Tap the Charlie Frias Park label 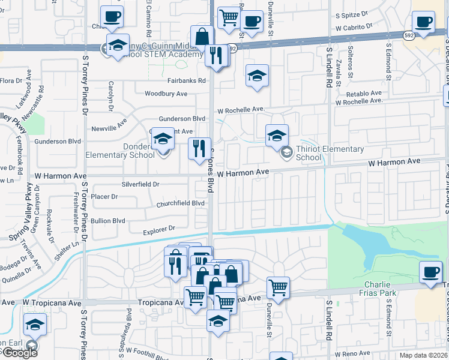coord(382,288)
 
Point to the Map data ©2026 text coord(424,355)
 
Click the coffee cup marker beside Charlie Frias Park coord(430,272)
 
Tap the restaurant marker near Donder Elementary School coord(199,148)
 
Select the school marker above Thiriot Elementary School coord(277,135)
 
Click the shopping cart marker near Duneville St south coord(278,287)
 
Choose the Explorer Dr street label coord(159,229)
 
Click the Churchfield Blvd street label coord(180,203)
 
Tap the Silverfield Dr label coord(140,184)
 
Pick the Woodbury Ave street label coord(166,94)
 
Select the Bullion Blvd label coord(109,221)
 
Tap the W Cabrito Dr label coord(354,28)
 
